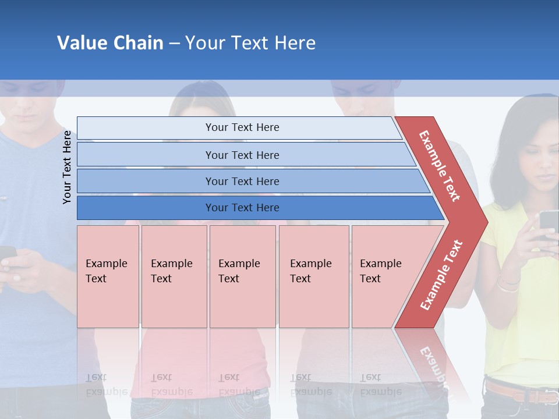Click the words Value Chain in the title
point(110,43)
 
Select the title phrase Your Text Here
point(250,43)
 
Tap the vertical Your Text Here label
point(67,167)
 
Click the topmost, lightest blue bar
point(242,127)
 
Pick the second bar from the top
point(242,155)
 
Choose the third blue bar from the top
point(242,181)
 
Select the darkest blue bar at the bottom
point(242,208)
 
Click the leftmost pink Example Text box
point(108,276)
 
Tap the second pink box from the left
point(174,276)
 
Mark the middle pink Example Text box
point(242,276)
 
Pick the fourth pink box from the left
point(313,276)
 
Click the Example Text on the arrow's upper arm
point(440,166)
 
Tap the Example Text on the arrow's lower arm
point(441,275)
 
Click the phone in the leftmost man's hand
point(7,255)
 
